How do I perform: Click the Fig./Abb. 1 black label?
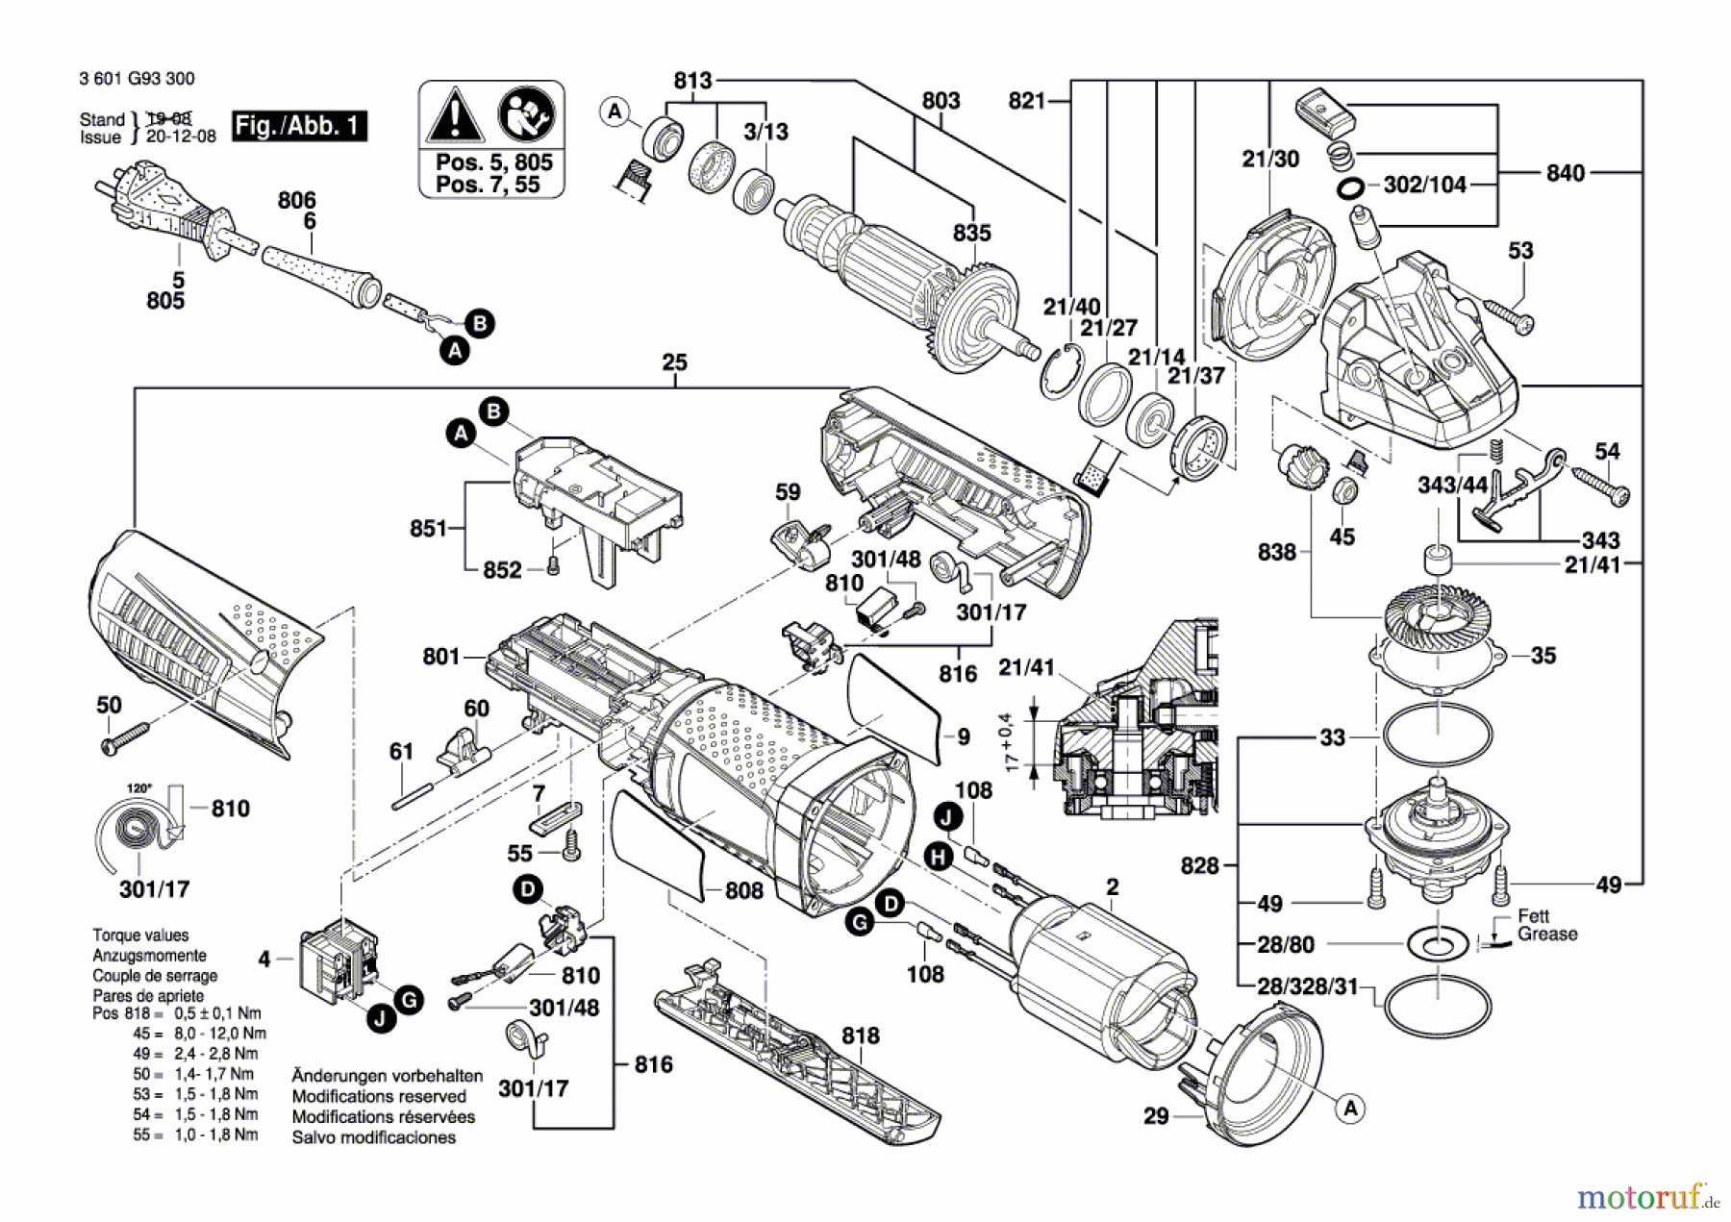(x=300, y=126)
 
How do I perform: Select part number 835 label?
(x=972, y=233)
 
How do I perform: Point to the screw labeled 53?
(x=1509, y=317)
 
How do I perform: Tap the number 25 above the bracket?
(x=675, y=362)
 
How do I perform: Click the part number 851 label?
(x=429, y=528)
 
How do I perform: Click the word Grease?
(x=1547, y=934)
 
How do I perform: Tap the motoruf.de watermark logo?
(x=1648, y=1196)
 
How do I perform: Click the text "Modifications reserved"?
(x=379, y=1096)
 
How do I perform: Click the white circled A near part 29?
(x=1351, y=1109)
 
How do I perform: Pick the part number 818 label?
(x=860, y=1035)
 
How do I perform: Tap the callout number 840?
(x=1566, y=173)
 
